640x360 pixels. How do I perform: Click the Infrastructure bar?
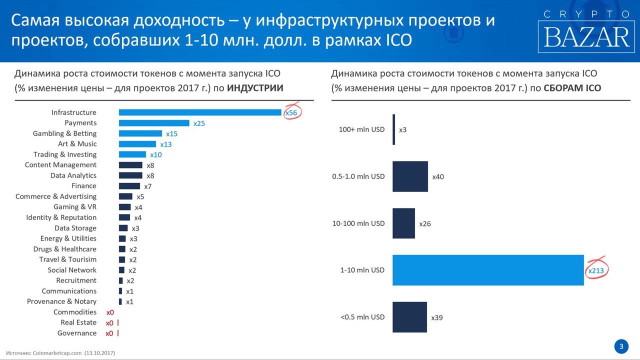point(200,112)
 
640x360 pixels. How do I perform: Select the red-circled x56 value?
point(291,113)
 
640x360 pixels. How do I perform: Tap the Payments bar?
point(154,123)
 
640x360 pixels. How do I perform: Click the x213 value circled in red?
point(596,270)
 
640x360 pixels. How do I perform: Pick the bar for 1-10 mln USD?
point(488,270)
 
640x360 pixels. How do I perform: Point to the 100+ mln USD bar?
point(394,129)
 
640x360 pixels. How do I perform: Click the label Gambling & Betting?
point(64,133)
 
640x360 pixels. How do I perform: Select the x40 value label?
point(438,177)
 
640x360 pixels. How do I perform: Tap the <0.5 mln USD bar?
point(409,317)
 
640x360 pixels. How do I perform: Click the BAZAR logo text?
point(586,37)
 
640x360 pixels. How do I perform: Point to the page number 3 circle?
point(621,346)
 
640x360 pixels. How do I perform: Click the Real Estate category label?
point(78,322)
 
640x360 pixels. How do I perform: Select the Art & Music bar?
point(137,144)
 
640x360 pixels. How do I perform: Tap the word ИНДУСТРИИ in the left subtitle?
point(255,88)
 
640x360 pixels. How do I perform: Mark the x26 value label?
point(425,223)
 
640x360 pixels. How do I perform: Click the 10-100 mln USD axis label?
point(358,223)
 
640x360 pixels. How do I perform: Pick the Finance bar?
point(129,186)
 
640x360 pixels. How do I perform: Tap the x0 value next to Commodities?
point(109,312)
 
